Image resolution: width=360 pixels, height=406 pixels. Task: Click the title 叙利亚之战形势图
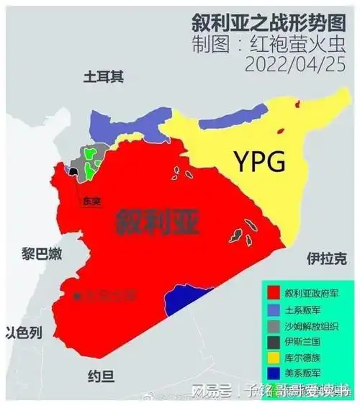tap(270, 19)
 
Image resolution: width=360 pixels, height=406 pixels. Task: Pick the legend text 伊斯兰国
tap(302, 341)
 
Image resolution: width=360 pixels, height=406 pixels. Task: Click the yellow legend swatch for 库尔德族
tap(274, 358)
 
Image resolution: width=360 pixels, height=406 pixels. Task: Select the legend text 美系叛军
tap(302, 374)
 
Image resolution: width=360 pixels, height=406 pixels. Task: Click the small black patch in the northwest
tap(73, 171)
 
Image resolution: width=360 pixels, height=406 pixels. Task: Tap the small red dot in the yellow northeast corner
tap(294, 105)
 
